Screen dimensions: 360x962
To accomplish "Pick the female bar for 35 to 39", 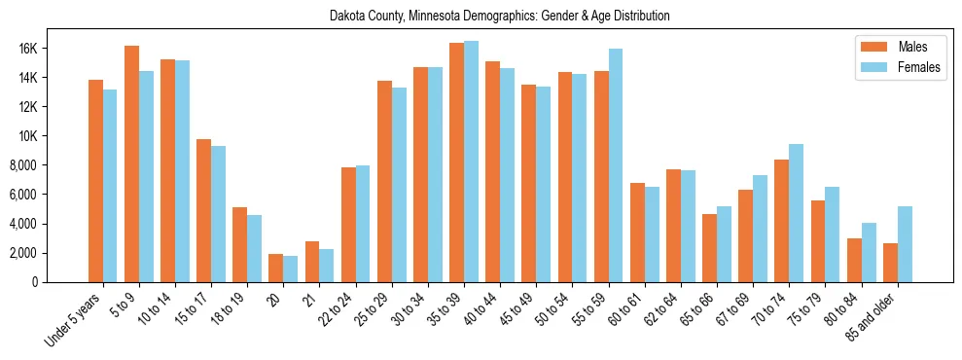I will point(471,162).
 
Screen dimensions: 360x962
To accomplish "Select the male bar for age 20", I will point(275,268).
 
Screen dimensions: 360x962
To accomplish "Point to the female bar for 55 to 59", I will point(616,165).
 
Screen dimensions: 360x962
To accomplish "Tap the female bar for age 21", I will point(327,266).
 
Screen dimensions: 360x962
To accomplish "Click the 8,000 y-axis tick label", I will point(48,165).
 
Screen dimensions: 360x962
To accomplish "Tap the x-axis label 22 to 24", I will point(342,309).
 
